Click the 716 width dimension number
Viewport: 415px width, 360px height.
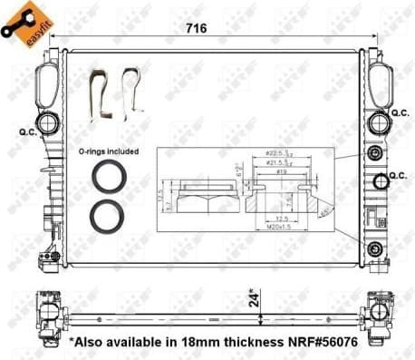pos(196,28)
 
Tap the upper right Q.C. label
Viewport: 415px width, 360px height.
pos(399,112)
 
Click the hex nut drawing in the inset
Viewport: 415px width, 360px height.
pos(193,195)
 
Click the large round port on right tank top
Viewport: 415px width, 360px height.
pos(378,121)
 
